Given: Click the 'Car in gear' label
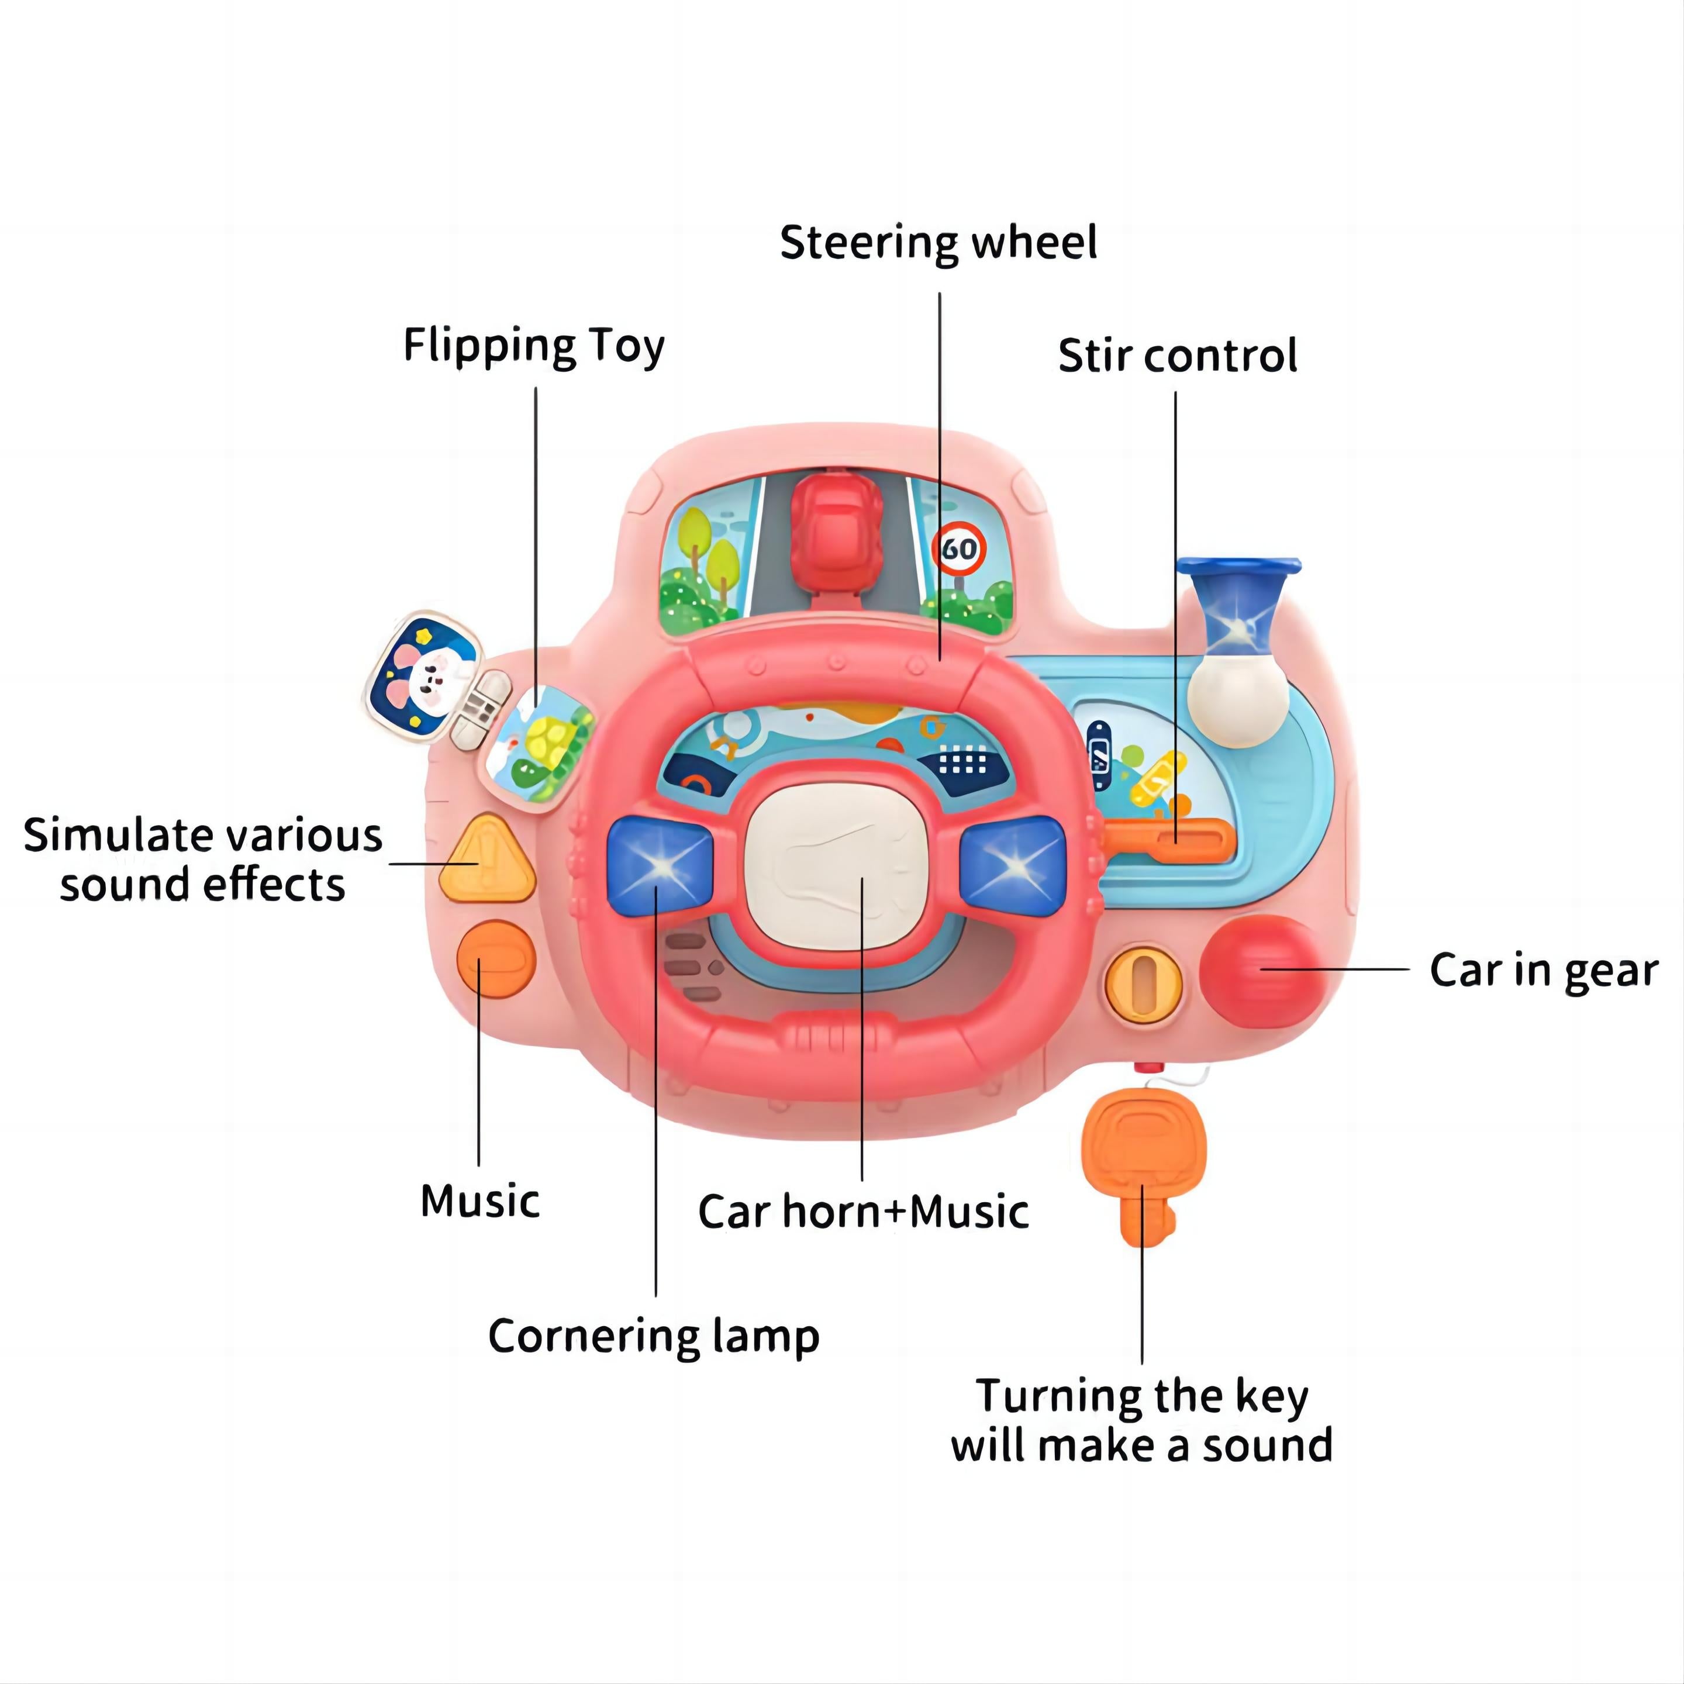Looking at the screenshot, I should (1543, 970).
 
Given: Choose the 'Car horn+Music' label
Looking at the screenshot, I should (863, 1212).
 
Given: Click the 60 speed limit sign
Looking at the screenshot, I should (960, 549).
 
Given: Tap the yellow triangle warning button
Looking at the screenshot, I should (485, 861).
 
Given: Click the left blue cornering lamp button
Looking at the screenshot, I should (660, 864).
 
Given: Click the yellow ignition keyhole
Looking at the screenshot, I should (1143, 982).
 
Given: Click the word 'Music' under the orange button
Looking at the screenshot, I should (479, 1201).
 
